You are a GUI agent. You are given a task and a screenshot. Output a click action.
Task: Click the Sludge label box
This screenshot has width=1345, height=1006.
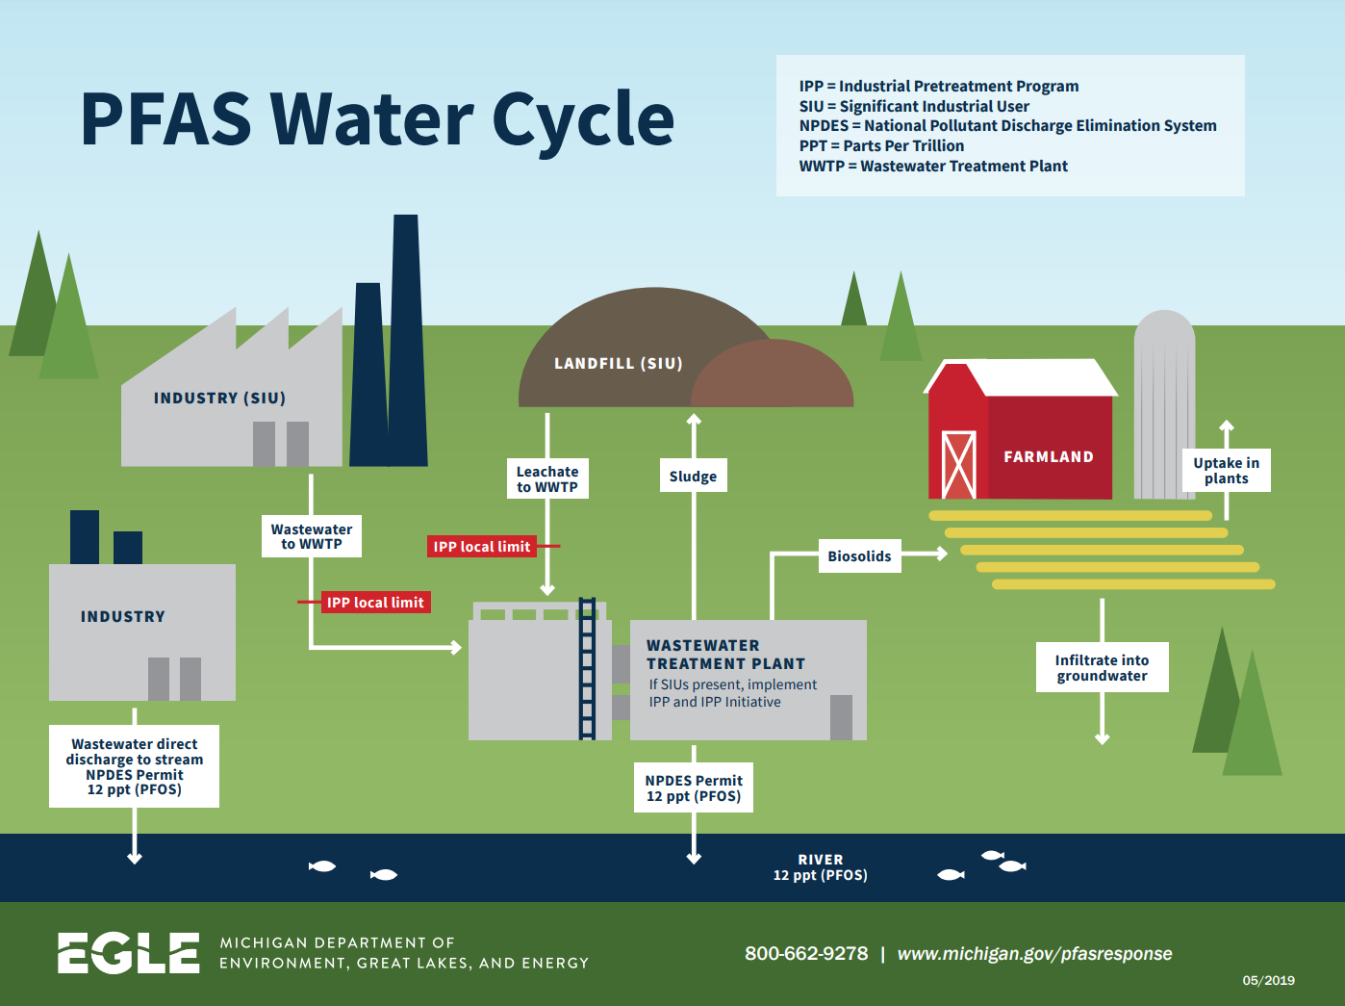(693, 476)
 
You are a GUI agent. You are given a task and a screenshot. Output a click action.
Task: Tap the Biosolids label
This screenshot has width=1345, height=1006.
(859, 555)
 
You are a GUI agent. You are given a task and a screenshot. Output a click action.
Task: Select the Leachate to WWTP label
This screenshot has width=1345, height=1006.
(547, 478)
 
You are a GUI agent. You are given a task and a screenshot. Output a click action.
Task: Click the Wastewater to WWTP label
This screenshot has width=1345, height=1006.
(312, 536)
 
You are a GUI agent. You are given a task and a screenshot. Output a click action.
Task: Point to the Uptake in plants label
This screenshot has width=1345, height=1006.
(1226, 470)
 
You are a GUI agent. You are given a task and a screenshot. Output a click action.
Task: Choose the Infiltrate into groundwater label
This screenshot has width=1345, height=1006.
(1102, 667)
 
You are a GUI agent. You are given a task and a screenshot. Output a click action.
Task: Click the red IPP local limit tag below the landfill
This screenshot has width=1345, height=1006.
(481, 547)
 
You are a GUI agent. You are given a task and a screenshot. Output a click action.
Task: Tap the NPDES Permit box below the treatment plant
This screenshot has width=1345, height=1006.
(693, 787)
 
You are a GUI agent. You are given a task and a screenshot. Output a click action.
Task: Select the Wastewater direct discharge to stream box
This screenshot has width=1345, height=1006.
(134, 766)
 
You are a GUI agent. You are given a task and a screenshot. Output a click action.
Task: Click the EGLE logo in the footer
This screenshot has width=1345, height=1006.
(128, 953)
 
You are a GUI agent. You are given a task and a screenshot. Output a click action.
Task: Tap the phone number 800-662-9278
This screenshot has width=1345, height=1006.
(805, 953)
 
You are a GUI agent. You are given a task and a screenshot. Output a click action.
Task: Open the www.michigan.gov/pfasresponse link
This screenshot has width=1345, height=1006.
(1034, 953)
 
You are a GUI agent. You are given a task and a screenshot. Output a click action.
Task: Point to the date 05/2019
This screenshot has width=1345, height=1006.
(1268, 980)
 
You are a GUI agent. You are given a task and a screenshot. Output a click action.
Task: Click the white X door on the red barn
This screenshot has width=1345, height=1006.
(958, 465)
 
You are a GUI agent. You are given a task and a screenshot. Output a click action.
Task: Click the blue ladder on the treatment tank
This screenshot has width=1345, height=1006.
(587, 668)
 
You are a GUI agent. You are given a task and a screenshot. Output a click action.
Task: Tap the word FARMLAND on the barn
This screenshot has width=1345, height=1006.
(1048, 456)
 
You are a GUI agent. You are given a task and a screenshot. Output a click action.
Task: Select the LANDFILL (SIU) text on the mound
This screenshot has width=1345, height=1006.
(618, 363)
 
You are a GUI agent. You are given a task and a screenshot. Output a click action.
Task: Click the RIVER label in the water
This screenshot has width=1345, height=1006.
(820, 859)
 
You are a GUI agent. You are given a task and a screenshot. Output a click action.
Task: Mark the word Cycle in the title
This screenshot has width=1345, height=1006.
(583, 119)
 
